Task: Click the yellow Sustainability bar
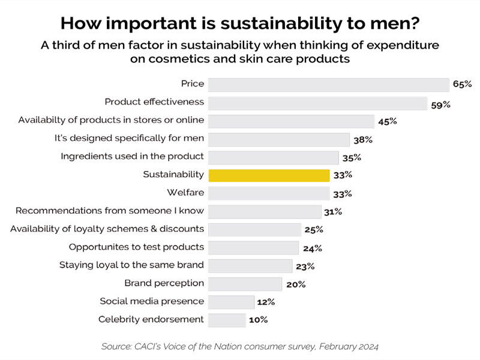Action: pyautogui.click(x=269, y=175)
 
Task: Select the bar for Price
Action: pyautogui.click(x=328, y=85)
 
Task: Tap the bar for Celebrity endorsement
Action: pyautogui.click(x=227, y=320)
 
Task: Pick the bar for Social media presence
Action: pyautogui.click(x=231, y=302)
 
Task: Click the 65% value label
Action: pyautogui.click(x=462, y=85)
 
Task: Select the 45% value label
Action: pyautogui.click(x=388, y=121)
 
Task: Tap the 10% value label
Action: pyautogui.click(x=258, y=320)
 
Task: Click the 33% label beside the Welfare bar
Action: pyautogui.click(x=342, y=194)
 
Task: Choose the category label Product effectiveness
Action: pyautogui.click(x=154, y=102)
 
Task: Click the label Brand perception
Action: pyautogui.click(x=164, y=283)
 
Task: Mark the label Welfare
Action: pyautogui.click(x=185, y=193)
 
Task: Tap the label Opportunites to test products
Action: pyautogui.click(x=136, y=247)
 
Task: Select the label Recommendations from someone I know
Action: pyautogui.click(x=110, y=211)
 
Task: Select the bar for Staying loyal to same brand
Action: pyautogui.click(x=250, y=266)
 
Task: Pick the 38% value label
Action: pyautogui.click(x=362, y=140)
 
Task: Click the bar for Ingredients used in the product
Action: pyautogui.click(x=273, y=157)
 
